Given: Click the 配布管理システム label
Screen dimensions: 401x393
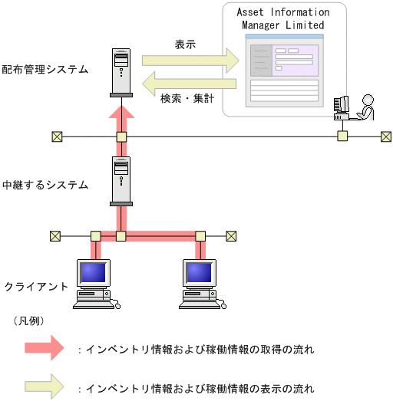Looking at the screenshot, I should click(45, 70).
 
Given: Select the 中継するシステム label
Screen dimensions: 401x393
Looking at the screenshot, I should click(45, 185).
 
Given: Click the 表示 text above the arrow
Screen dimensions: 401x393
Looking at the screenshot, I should click(185, 44).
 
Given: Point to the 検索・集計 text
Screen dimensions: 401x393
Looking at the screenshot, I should click(186, 98).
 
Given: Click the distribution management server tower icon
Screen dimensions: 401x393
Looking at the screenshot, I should click(121, 72).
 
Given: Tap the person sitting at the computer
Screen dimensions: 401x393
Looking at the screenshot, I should click(365, 107).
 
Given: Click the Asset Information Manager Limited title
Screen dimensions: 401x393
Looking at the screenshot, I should click(282, 19).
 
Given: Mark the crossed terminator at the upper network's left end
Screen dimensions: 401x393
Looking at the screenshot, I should click(56, 136).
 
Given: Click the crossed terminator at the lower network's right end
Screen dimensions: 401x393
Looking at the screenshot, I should click(231, 236).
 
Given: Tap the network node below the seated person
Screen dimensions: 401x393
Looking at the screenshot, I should click(342, 136).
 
